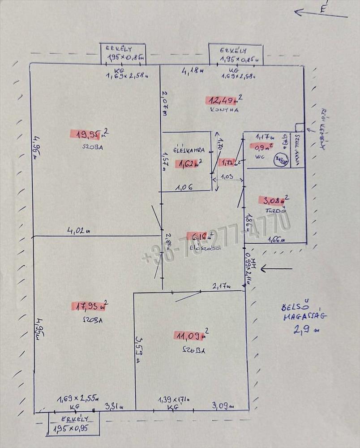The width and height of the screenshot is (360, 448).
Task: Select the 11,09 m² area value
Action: (190, 335)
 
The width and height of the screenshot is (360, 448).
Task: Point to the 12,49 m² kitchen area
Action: (223, 99)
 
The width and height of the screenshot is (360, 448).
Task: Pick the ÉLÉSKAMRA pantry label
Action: (189, 151)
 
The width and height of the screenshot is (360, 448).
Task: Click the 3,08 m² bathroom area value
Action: (273, 200)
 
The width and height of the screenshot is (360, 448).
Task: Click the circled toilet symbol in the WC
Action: (281, 159)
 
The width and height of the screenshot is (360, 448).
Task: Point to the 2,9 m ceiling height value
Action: (303, 331)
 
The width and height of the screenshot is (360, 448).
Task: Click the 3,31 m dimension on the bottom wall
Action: (114, 406)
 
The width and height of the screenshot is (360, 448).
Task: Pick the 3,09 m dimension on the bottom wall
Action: (222, 406)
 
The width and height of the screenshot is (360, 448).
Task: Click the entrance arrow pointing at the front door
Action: (276, 269)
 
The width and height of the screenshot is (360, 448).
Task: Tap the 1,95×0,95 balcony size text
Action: (71, 429)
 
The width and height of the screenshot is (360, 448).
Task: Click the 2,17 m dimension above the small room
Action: (221, 285)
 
